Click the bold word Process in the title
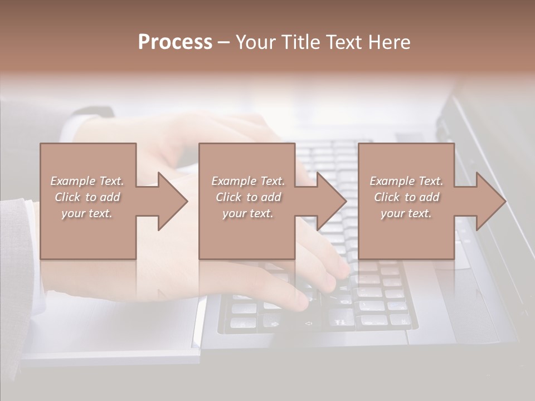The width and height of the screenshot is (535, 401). click(175, 42)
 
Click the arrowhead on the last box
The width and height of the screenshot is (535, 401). click(490, 201)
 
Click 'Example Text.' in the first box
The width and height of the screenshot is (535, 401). click(87, 181)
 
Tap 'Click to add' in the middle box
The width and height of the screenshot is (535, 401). click(249, 197)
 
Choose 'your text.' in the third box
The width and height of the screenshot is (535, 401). click(406, 213)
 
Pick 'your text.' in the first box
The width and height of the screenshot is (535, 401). click(87, 213)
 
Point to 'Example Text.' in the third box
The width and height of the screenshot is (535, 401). click(406, 181)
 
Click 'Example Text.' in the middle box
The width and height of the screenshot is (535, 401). click(249, 181)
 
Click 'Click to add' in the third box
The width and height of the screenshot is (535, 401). click(406, 197)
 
